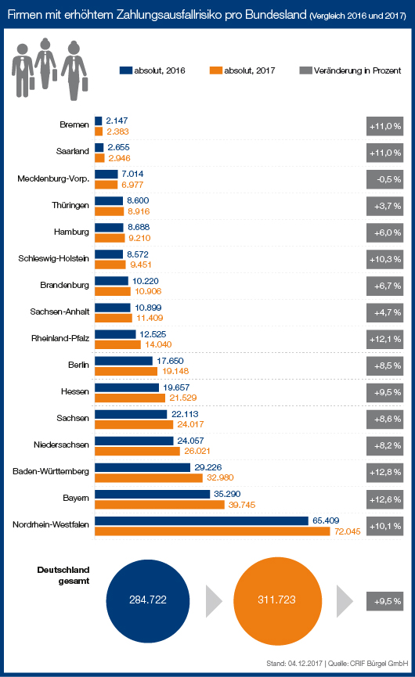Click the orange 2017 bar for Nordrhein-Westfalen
212,531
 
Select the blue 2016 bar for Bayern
153,494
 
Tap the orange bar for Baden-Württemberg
149,478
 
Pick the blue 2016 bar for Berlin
124,361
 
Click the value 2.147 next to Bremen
117,121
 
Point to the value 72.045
347,531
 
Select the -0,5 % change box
384,179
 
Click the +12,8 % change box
384,473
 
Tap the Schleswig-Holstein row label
53,258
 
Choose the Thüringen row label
70,206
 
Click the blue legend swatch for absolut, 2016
125,70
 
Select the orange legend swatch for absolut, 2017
216,70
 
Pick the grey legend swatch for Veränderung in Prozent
305,70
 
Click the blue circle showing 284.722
148,600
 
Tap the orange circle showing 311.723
277,600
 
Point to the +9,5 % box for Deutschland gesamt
384,601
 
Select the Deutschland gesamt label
63,575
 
